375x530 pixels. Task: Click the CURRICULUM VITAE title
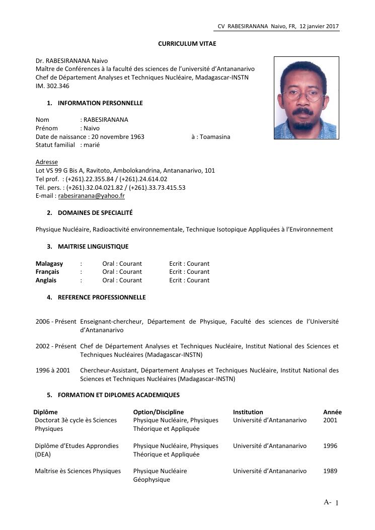click(x=187, y=44)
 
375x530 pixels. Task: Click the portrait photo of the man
click(x=306, y=98)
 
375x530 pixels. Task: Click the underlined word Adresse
click(x=47, y=162)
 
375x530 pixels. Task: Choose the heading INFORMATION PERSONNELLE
click(x=100, y=103)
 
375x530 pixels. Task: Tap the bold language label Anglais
click(x=46, y=280)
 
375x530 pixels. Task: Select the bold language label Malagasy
click(x=49, y=264)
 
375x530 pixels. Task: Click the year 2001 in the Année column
click(x=330, y=420)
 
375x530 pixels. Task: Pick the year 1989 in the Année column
click(x=330, y=471)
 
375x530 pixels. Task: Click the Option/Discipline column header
click(x=159, y=412)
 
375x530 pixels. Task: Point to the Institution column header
click(x=248, y=412)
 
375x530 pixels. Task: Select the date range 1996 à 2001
click(x=53, y=370)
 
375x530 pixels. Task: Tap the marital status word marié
click(x=92, y=145)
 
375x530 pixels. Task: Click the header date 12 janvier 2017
click(x=319, y=26)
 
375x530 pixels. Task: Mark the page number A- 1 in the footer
click(x=331, y=502)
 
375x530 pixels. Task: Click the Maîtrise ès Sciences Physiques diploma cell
click(x=78, y=471)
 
